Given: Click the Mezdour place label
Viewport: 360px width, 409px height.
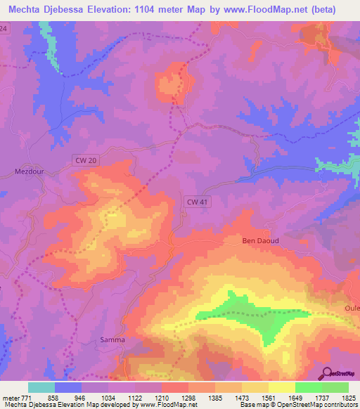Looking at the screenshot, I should coord(29,170).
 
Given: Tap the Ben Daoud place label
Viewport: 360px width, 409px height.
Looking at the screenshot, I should coord(261,240).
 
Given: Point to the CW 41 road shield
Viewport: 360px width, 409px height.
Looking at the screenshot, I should coord(196,202).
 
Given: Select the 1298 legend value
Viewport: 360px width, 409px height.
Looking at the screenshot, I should coord(188,398).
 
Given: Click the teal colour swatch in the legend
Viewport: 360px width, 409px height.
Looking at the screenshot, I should coord(41,387).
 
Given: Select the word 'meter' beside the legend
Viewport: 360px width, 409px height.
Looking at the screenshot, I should coord(10,398).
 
